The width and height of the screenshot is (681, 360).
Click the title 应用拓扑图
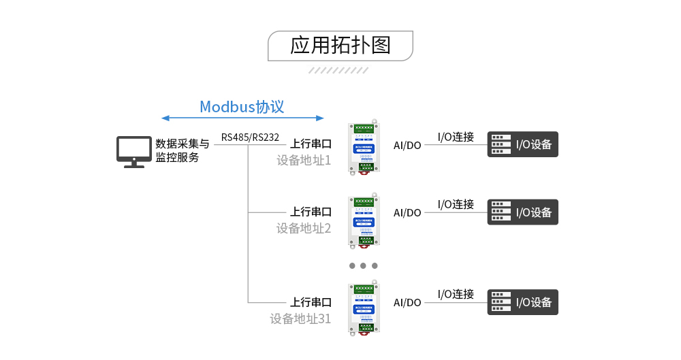coord(340,45)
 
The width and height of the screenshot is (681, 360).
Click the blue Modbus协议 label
coord(242,107)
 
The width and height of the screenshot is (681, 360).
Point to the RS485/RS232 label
coord(250,137)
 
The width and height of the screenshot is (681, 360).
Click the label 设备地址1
coord(303,161)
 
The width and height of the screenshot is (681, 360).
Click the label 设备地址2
coord(303,229)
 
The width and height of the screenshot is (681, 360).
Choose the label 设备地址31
coord(300,318)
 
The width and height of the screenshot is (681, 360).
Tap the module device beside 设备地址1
coord(364,148)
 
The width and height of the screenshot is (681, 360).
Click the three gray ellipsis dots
coord(363,265)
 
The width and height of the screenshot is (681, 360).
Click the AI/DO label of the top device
coord(407,145)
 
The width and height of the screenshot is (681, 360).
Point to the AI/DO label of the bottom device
coord(407,303)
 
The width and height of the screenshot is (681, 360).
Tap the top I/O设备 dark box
coord(522,144)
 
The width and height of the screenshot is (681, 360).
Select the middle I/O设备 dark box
coord(522,212)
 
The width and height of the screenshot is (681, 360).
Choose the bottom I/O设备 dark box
coord(522,302)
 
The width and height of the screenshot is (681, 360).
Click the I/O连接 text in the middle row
coord(456,204)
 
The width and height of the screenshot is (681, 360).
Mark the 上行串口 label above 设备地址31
coord(311,302)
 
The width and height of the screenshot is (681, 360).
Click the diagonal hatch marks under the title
coord(338,70)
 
